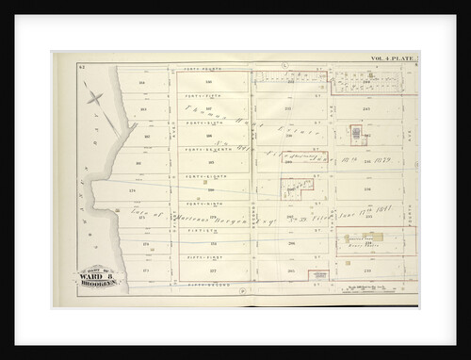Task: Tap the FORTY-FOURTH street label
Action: pos(212,67)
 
